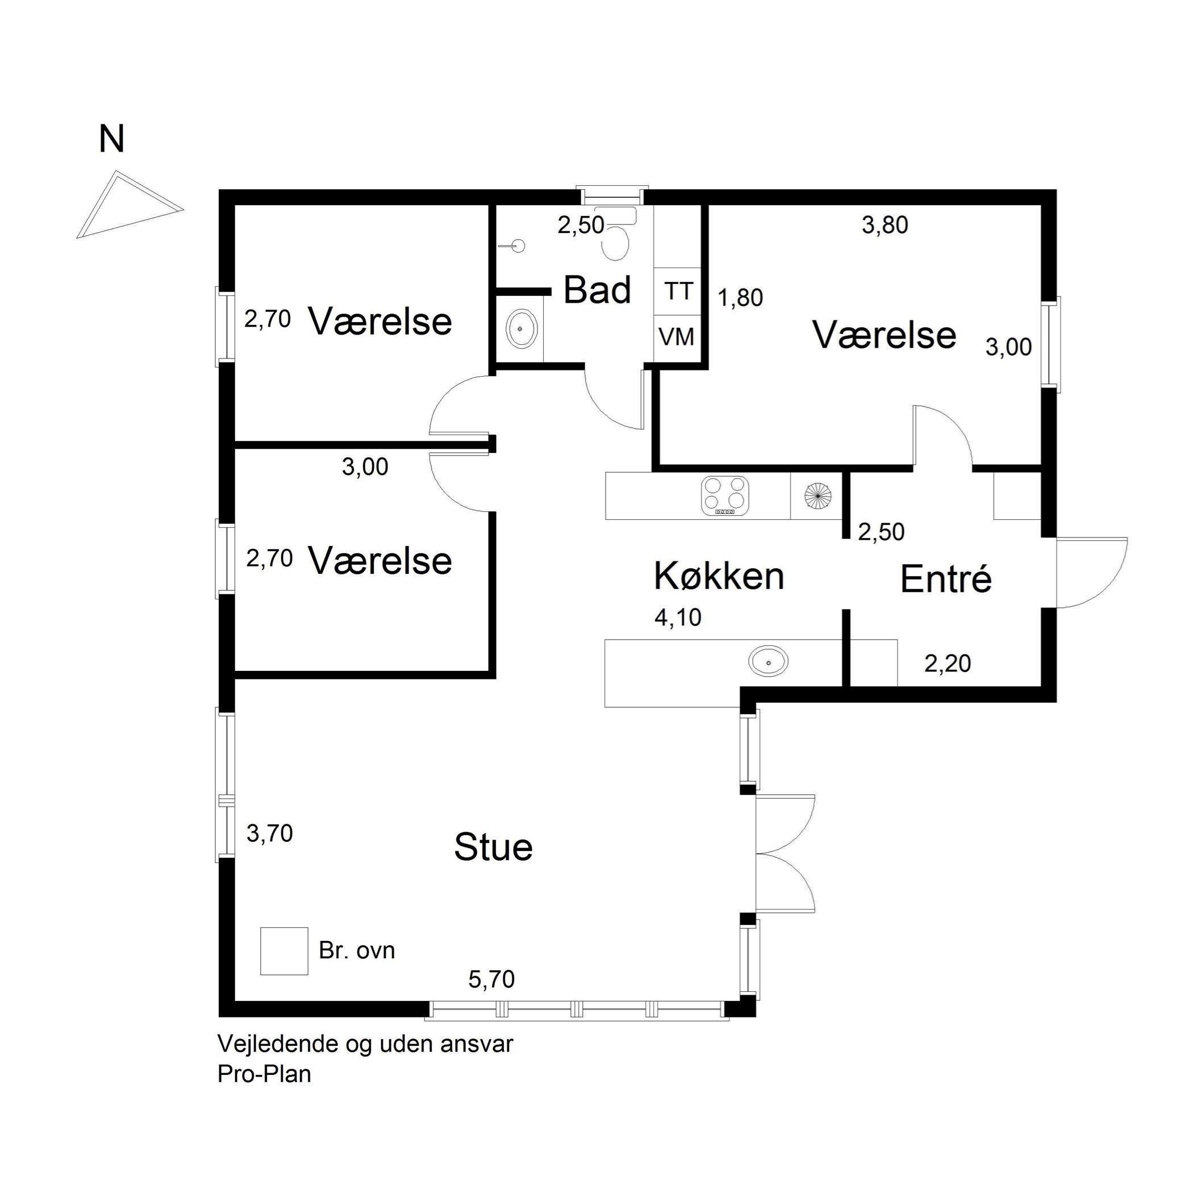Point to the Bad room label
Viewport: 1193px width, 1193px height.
[x=597, y=290]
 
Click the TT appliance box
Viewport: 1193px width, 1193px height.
[x=677, y=291]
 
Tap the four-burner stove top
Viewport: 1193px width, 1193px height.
[x=725, y=496]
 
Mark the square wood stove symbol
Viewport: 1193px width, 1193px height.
[x=284, y=951]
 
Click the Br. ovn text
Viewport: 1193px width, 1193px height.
[x=357, y=950]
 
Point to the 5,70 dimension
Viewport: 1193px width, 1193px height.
[x=491, y=979]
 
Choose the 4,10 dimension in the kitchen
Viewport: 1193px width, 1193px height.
[x=678, y=618]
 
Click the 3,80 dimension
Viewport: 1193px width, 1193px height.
[x=885, y=226]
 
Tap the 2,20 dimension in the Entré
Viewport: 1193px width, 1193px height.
[x=948, y=663]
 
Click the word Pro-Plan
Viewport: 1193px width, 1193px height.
[x=264, y=1075]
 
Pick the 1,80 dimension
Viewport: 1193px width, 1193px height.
[x=740, y=298]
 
